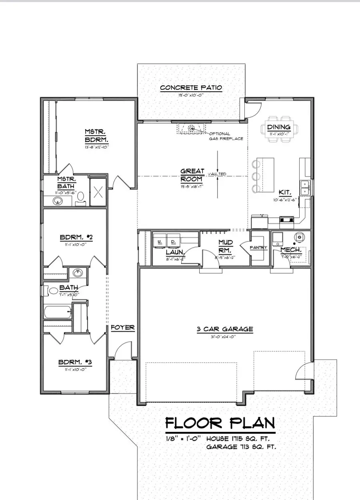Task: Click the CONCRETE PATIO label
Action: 191,88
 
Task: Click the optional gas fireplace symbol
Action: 191,129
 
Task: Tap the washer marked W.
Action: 160,242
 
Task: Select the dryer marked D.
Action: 174,242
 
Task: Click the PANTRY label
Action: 258,248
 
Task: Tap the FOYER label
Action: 122,327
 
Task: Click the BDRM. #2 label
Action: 76,237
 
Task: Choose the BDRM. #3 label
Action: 75,362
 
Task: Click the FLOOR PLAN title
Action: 220,423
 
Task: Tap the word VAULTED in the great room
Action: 217,174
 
